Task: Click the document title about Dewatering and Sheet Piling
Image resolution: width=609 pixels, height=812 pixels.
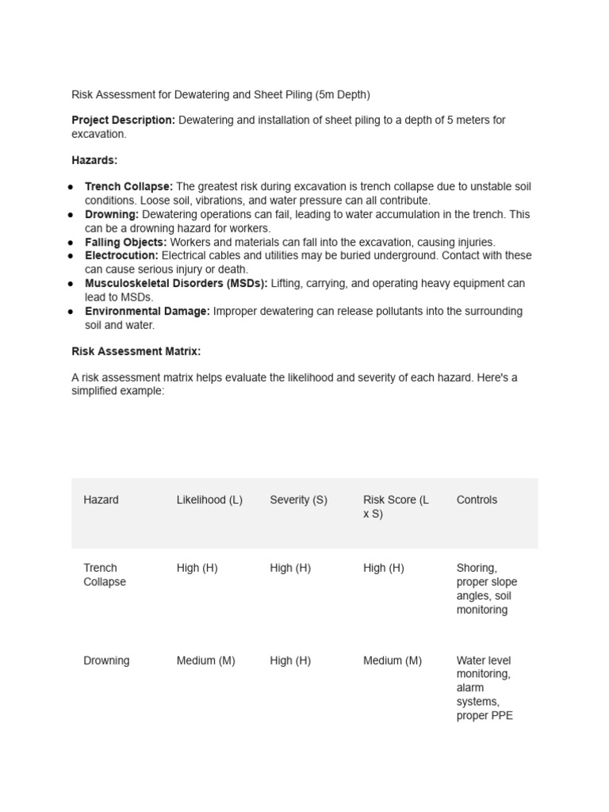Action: pos(220,95)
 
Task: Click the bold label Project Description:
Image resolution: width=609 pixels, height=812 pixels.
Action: pos(123,121)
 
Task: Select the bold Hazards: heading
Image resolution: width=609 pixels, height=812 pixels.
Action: pos(94,160)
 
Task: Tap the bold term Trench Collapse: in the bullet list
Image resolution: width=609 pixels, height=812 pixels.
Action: pos(128,187)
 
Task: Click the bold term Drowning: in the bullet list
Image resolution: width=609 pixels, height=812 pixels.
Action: pos(112,215)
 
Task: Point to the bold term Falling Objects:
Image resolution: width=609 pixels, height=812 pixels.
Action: pos(125,243)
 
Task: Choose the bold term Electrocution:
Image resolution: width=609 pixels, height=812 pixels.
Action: pos(121,256)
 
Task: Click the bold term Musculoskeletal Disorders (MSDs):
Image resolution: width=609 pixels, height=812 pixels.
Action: pos(176,284)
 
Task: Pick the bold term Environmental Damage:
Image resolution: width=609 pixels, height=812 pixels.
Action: pos(147,312)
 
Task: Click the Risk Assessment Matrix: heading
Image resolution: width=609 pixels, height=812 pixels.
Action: pos(136,350)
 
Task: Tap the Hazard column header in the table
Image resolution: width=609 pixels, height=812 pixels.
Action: pos(101,500)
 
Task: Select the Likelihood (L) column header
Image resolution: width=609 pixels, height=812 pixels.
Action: pos(209,500)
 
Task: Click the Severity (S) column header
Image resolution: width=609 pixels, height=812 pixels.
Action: pos(298,500)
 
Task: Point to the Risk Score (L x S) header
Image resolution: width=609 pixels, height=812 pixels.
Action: pos(396,507)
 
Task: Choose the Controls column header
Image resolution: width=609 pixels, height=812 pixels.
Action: pos(477,500)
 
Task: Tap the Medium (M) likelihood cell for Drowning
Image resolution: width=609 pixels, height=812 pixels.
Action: pos(205,661)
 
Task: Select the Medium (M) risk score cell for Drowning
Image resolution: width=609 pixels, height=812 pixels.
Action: pos(393,661)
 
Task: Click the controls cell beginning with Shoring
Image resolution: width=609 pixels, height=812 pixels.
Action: pos(486,589)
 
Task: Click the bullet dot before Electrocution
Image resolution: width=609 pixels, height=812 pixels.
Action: pos(71,256)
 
